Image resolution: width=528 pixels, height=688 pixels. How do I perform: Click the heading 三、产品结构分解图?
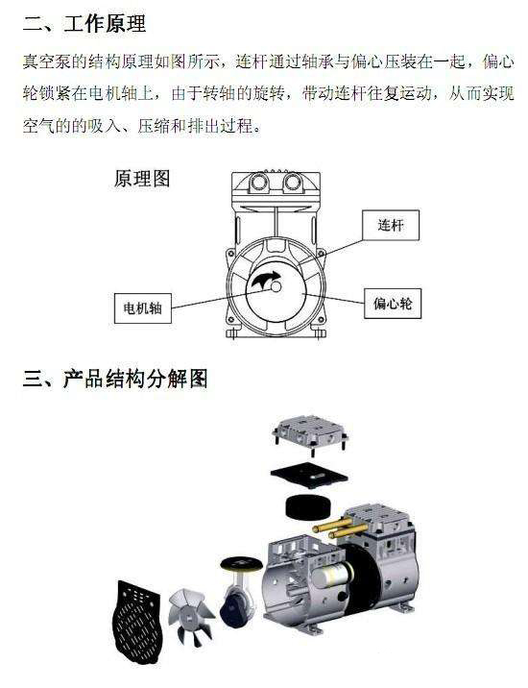pos(115,378)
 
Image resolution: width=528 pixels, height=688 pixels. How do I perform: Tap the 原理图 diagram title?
pos(142,179)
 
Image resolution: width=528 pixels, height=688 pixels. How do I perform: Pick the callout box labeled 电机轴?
pos(143,308)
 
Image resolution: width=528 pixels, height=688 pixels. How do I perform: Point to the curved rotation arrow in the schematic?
pos(262,282)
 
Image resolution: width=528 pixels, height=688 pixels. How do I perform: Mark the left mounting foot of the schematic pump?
pos(233,333)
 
